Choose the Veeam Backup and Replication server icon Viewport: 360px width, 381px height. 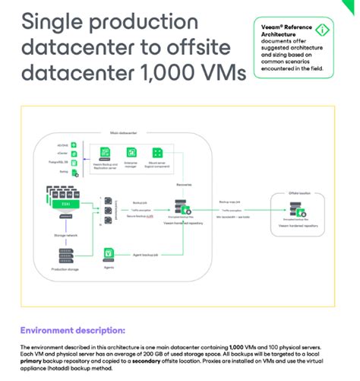[x=105, y=152]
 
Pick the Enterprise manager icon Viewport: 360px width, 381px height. [x=131, y=152]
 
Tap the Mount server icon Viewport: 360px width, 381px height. [x=157, y=152]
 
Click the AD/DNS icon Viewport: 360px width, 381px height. [x=74, y=143]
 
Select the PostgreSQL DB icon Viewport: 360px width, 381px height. [x=74, y=162]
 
